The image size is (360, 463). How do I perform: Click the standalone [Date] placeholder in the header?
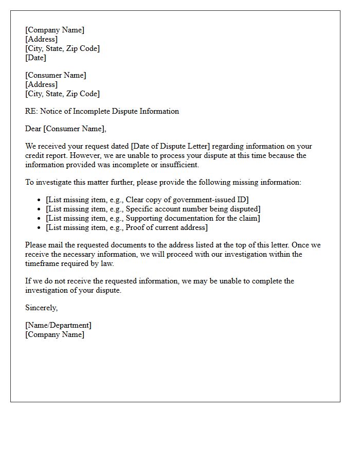[35, 58]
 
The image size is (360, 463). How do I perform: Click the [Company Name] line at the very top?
[55, 30]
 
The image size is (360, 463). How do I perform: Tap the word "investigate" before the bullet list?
[54, 182]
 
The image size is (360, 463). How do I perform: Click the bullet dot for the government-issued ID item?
[40, 200]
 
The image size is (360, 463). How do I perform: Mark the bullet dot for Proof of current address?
[40, 228]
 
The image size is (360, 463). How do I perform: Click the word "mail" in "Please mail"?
[56, 245]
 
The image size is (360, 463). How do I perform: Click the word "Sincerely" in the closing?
[41, 308]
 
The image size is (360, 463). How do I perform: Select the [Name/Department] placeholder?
[58, 325]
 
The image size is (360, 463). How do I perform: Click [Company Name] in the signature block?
[55, 334]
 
